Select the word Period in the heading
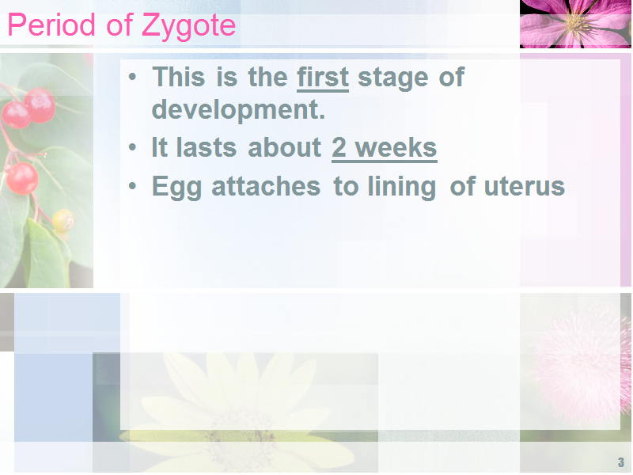[x=51, y=25]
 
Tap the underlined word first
[x=323, y=77]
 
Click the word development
[x=238, y=110]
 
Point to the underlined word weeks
[x=396, y=147]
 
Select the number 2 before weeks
[x=339, y=147]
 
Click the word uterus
[x=524, y=187]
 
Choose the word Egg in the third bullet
[x=176, y=188]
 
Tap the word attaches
[x=266, y=186]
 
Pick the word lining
[x=401, y=188]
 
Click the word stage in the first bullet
[x=392, y=78]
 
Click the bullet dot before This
[x=132, y=76]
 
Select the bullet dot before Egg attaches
[x=132, y=186]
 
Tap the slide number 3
[x=621, y=462]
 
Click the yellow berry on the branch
[x=63, y=220]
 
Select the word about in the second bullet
[x=284, y=147]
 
